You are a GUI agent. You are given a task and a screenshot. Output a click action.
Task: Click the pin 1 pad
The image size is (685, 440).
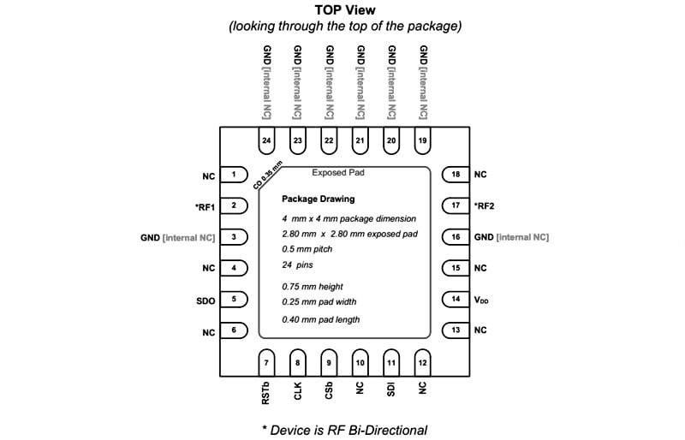click(x=234, y=175)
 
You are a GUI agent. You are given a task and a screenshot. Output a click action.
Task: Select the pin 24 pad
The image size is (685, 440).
click(x=267, y=140)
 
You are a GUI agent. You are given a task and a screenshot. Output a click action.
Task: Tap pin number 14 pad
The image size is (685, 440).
click(x=454, y=300)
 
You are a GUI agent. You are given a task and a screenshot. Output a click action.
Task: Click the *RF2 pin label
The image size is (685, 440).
click(x=484, y=206)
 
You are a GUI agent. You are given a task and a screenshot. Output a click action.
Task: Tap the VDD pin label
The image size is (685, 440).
click(x=483, y=300)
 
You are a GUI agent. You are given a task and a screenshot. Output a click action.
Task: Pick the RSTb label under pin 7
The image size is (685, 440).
click(x=266, y=393)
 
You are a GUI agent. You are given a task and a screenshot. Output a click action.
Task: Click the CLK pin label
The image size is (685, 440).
click(x=298, y=389)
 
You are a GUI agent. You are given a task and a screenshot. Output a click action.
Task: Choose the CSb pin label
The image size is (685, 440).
click(x=329, y=389)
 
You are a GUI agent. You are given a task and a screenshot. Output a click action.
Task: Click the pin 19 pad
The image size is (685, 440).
click(x=422, y=140)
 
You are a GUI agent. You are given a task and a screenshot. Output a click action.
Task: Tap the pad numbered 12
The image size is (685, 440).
click(x=422, y=363)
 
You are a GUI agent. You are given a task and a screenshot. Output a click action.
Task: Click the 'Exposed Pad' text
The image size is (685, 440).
click(x=338, y=173)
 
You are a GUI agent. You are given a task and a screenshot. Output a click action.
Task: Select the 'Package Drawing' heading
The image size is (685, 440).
click(x=319, y=199)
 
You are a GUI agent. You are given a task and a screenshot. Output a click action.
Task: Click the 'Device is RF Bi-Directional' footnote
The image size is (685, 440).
click(x=344, y=429)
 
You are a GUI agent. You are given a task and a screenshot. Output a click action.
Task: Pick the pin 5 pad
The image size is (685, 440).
click(x=234, y=300)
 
